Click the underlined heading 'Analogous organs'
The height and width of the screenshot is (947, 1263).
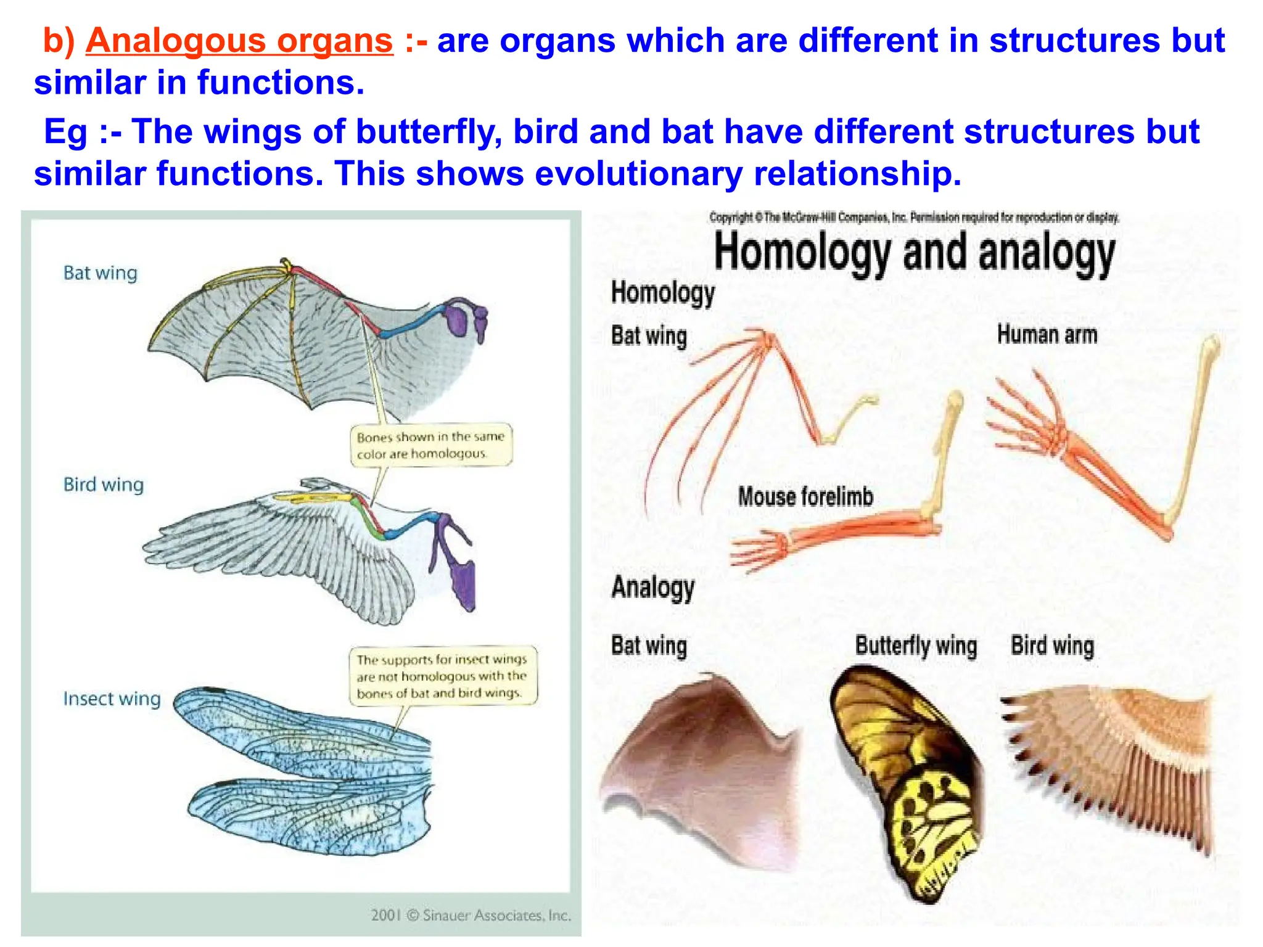point(239,41)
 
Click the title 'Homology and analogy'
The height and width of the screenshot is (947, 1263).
point(914,253)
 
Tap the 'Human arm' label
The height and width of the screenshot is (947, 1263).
point(1047,335)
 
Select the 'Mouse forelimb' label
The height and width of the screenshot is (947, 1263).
point(805,496)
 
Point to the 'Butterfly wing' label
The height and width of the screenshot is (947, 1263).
point(916,646)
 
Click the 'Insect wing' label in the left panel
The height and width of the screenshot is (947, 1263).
point(112,699)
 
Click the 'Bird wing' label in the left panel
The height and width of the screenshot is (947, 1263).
point(104,485)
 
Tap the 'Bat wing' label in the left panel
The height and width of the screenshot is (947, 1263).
point(101,273)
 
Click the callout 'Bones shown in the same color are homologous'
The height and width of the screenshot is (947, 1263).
point(430,445)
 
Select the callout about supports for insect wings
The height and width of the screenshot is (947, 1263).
point(442,676)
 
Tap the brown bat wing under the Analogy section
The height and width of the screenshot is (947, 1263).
point(703,771)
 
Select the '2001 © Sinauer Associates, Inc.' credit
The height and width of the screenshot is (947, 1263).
point(471,915)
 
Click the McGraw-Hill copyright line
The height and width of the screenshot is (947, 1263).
point(914,217)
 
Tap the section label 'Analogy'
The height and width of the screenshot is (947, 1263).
point(652,587)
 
